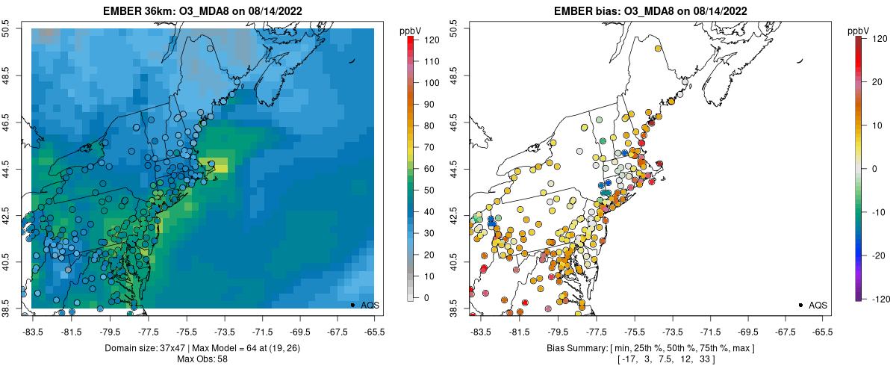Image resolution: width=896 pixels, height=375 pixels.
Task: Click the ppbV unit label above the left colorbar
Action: pyautogui.click(x=411, y=31)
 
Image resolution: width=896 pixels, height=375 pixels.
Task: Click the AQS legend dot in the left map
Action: pyautogui.click(x=352, y=305)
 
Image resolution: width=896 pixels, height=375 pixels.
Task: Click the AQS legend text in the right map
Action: pyautogui.click(x=817, y=305)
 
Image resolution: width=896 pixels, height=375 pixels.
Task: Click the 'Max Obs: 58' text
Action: pyautogui.click(x=203, y=359)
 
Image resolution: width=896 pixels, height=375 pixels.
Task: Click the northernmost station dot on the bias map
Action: pyautogui.click(x=658, y=49)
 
